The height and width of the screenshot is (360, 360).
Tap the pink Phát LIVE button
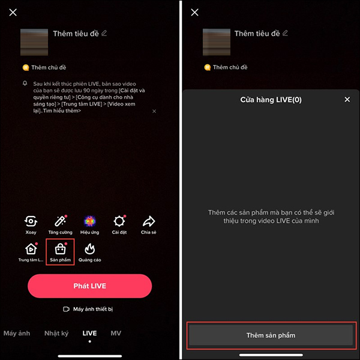click(90, 286)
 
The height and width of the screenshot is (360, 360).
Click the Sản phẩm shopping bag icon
click(60, 249)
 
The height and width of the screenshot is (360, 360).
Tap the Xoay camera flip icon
click(31, 221)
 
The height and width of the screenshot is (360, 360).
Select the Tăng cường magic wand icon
click(60, 221)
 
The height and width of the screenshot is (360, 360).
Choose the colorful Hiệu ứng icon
click(89, 221)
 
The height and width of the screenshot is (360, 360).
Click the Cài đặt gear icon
click(119, 221)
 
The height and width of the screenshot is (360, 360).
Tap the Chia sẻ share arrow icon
click(149, 221)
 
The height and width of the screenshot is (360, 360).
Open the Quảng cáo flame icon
click(89, 249)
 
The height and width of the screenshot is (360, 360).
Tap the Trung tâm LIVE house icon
click(31, 249)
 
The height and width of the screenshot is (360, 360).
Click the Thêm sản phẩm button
click(271, 335)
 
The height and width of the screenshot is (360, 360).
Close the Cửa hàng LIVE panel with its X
click(347, 100)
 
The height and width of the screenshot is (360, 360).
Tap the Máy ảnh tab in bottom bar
click(17, 333)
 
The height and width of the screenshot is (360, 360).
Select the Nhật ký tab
click(56, 333)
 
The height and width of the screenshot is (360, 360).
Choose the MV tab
click(116, 333)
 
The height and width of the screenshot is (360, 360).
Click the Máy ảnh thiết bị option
click(88, 309)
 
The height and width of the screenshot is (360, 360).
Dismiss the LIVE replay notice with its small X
click(154, 112)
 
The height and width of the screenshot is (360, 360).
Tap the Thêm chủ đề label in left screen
click(49, 67)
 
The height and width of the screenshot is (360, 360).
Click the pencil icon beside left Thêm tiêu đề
click(104, 33)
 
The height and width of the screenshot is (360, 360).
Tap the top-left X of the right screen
click(194, 12)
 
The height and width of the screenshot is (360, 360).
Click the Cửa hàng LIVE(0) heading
click(271, 100)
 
